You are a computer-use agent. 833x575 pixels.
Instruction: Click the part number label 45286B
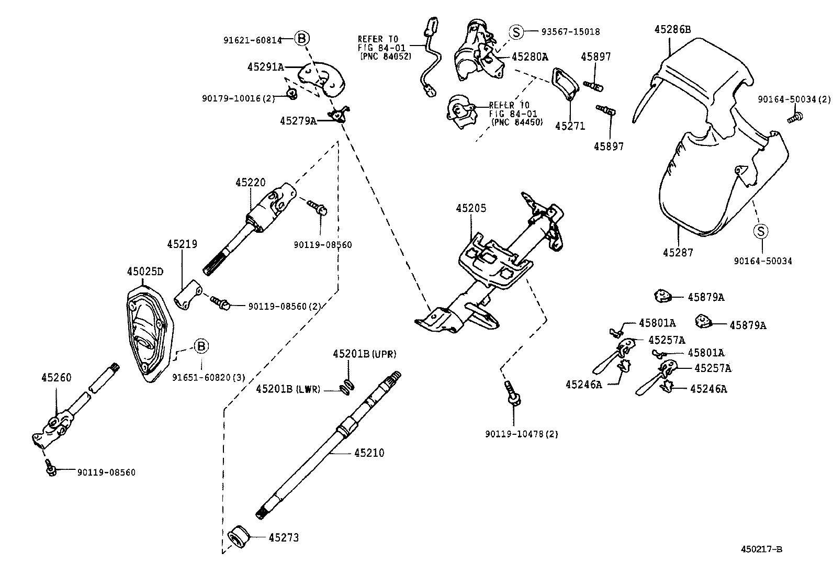pos(672,30)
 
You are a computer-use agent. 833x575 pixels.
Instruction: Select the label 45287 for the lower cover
pos(678,253)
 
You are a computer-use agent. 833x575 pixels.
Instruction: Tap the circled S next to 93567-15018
pos(516,32)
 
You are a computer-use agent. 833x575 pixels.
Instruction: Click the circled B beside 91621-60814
pos(302,38)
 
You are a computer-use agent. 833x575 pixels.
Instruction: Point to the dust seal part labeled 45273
pos(240,537)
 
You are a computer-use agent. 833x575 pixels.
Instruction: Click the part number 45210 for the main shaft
pos(369,453)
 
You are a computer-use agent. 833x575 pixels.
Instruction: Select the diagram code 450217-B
pos(761,549)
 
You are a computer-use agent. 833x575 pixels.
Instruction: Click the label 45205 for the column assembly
pos(471,208)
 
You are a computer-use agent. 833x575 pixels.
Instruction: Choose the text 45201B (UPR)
pos(364,354)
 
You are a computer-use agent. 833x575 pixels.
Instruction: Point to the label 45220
pos(250,183)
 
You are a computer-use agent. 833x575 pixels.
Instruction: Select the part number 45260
pos(57,378)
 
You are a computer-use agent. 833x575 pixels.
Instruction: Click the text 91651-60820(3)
pos(209,377)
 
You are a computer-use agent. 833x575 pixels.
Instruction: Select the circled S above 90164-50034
pos(761,231)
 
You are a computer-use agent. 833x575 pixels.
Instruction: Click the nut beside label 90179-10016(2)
pos(292,94)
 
